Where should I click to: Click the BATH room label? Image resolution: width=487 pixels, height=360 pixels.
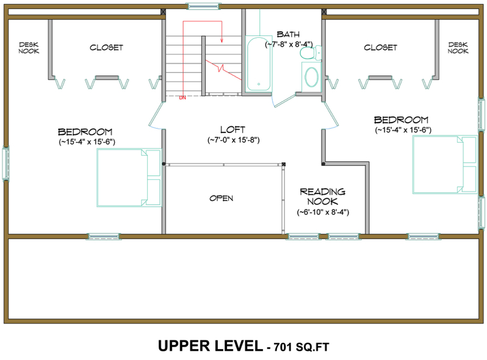pyautogui.click(x=288, y=34)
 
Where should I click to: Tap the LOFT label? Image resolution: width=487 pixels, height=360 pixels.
pyautogui.click(x=233, y=129)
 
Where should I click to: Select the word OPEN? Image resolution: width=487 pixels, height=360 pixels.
pyautogui.click(x=221, y=198)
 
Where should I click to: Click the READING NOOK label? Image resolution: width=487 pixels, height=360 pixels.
pyautogui.click(x=322, y=196)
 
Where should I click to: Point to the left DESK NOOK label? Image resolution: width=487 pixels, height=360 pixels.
pyautogui.click(x=29, y=48)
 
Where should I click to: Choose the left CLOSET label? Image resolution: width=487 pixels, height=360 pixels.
pyautogui.click(x=106, y=47)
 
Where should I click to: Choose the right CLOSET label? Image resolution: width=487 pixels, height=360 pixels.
pyautogui.click(x=380, y=47)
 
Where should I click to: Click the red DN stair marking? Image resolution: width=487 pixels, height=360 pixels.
pyautogui.click(x=182, y=97)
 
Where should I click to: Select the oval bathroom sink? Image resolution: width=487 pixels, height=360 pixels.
pyautogui.click(x=311, y=77)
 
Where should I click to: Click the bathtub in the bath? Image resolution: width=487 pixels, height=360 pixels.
pyautogui.click(x=259, y=63)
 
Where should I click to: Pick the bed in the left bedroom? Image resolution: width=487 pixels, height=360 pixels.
pyautogui.click(x=129, y=177)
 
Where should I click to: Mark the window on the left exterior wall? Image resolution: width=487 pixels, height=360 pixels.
pyautogui.click(x=6, y=164)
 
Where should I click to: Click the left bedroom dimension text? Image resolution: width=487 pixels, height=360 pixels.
pyautogui.click(x=85, y=142)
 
